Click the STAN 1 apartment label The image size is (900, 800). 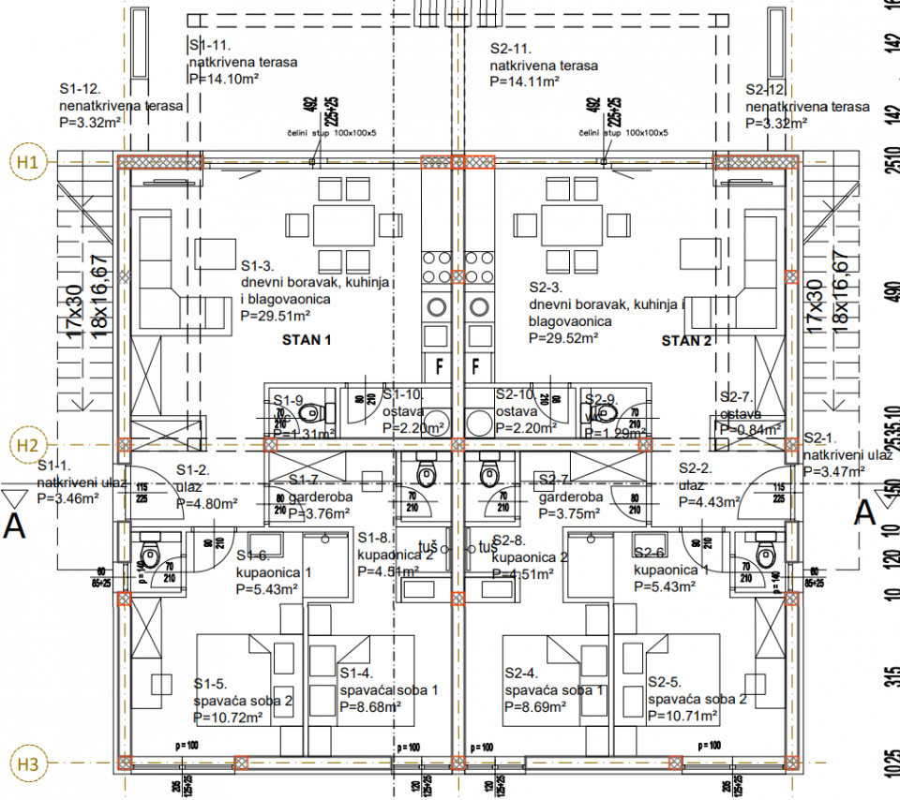pos(307,340)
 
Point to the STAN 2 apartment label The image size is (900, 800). pos(686,340)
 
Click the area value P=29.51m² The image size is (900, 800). pos(281,317)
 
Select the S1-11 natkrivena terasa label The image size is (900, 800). pos(243,54)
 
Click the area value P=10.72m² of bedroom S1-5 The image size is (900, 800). pos(228,718)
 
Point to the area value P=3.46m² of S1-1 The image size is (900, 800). pos(67,499)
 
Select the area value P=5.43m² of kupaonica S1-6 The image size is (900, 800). pos(267,588)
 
